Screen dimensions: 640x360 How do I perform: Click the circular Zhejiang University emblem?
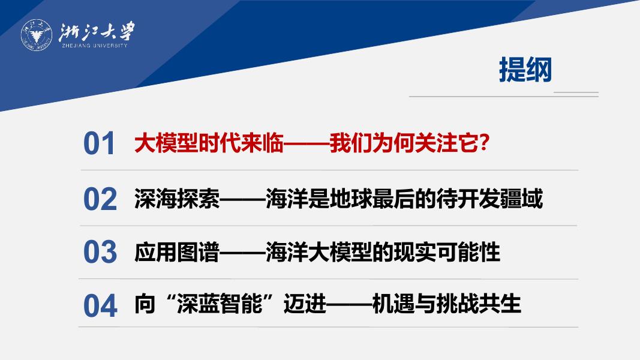37,35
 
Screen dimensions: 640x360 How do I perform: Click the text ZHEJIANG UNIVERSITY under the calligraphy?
95,46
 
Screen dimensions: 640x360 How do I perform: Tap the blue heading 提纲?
525,70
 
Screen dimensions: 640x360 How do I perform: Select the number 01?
99,143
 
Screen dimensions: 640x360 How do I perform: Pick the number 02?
100,199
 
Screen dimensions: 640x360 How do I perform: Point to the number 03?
100,251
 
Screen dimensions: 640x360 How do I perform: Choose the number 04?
100,305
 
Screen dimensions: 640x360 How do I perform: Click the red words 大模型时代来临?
209,143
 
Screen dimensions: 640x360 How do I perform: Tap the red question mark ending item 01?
483,143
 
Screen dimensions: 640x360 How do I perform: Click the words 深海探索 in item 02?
177,199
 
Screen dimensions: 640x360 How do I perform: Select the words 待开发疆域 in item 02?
489,199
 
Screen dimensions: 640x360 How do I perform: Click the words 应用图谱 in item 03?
177,251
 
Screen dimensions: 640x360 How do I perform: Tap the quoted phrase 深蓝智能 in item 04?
220,304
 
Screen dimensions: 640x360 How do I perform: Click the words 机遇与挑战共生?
446,304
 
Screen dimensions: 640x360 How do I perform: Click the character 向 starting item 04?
145,304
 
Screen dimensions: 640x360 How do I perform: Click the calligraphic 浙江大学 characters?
97,32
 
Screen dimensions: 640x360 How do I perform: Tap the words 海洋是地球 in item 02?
319,199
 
